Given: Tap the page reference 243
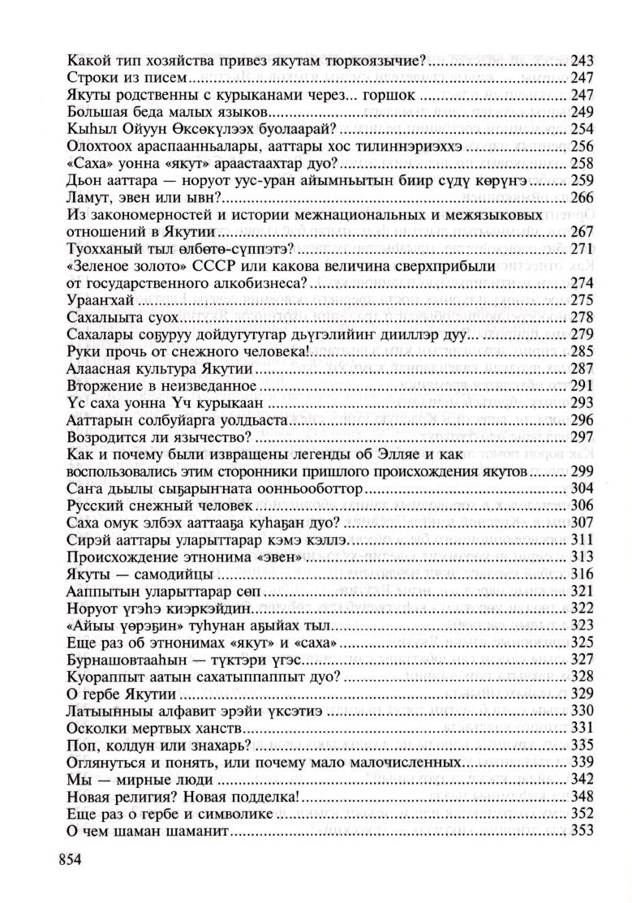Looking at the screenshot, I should pos(583,61).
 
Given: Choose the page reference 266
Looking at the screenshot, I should pos(583,196).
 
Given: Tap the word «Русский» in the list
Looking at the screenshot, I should pos(90,505).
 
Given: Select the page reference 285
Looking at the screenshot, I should pos(583,351).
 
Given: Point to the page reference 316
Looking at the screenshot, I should pos(583,574).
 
